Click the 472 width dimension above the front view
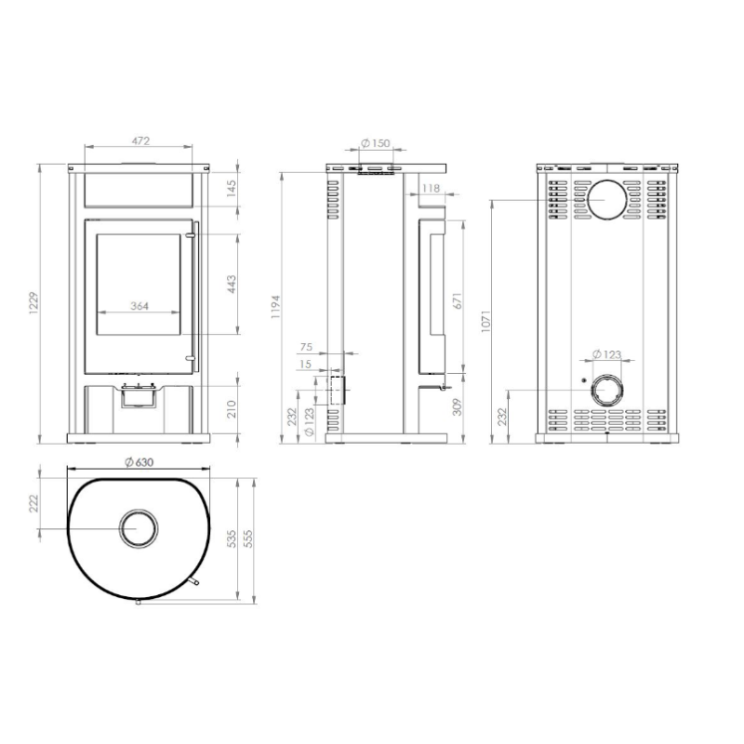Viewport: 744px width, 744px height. click(x=139, y=140)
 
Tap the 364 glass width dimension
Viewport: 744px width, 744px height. click(x=139, y=305)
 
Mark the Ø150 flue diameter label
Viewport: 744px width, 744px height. click(x=374, y=142)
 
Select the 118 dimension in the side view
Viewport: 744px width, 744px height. click(x=430, y=189)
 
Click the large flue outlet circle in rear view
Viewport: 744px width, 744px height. click(x=606, y=201)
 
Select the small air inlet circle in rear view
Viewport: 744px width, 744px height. click(x=606, y=389)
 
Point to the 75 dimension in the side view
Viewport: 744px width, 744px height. click(x=307, y=347)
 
